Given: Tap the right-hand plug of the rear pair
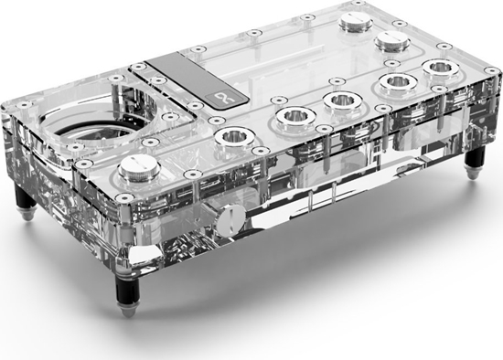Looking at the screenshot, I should click(391, 41).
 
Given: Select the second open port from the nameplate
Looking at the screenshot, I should click(293, 116).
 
